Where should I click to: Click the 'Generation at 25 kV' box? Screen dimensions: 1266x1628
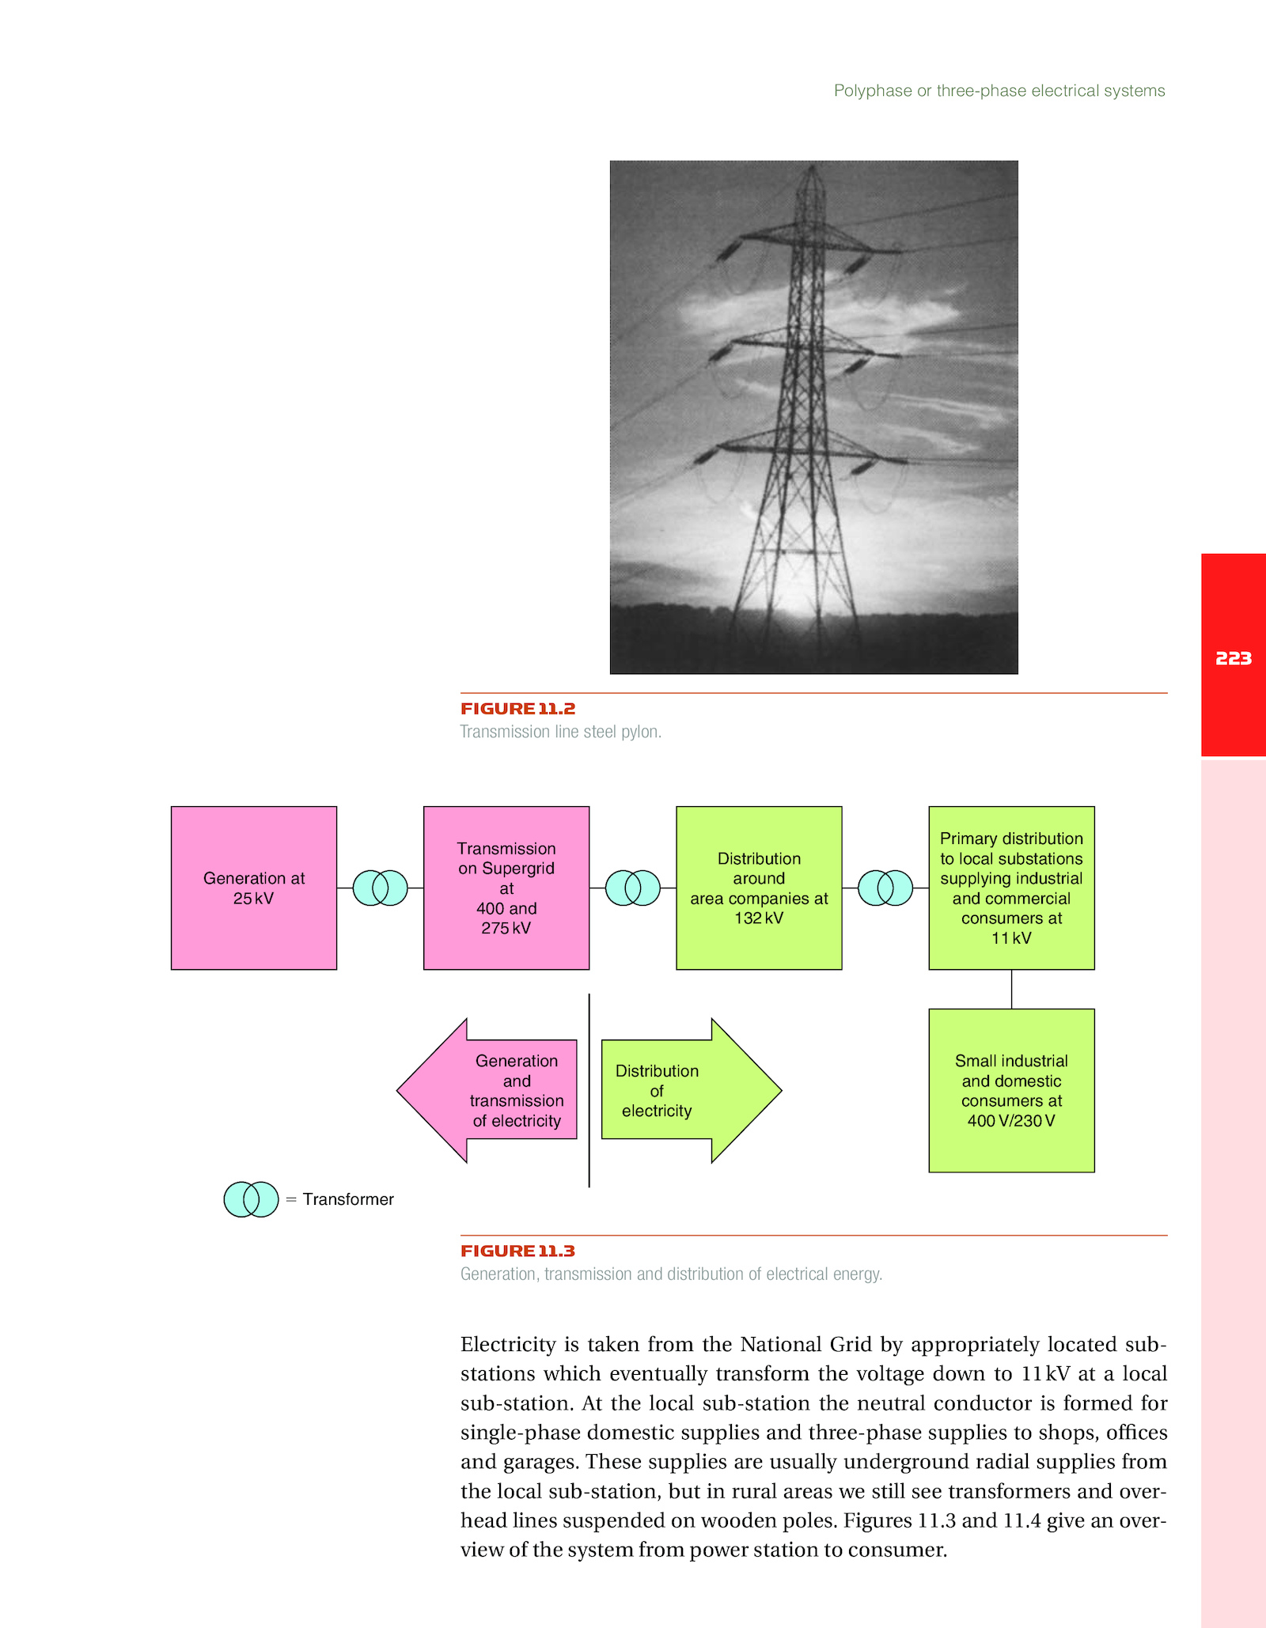(254, 888)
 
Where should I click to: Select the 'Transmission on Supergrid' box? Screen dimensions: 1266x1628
(506, 888)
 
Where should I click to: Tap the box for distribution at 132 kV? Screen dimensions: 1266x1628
(759, 888)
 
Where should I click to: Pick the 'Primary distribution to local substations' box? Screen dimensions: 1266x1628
(1011, 888)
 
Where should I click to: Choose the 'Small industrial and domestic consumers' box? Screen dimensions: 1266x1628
(1011, 1090)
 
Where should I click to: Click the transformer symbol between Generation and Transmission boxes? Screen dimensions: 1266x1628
(380, 888)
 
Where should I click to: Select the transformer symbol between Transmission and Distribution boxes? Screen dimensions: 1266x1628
(632, 888)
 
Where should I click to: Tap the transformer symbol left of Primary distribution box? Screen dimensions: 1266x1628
(885, 888)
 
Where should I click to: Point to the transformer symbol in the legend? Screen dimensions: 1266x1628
(251, 1199)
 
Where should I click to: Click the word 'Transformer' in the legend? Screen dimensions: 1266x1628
(348, 1199)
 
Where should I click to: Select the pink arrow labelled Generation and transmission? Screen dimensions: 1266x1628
(487, 1090)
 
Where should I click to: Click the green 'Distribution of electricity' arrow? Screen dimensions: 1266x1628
(692, 1090)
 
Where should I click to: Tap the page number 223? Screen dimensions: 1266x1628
(1234, 658)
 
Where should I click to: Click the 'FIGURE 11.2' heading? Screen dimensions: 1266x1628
(518, 709)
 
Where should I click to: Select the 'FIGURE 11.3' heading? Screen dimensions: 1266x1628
(518, 1251)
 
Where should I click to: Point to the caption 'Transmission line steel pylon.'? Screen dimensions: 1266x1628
(561, 732)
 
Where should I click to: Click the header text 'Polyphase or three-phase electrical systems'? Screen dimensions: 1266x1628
(999, 91)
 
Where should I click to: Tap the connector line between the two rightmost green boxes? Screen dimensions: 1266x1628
(1011, 989)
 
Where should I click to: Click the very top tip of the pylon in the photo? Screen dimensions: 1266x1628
(813, 164)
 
